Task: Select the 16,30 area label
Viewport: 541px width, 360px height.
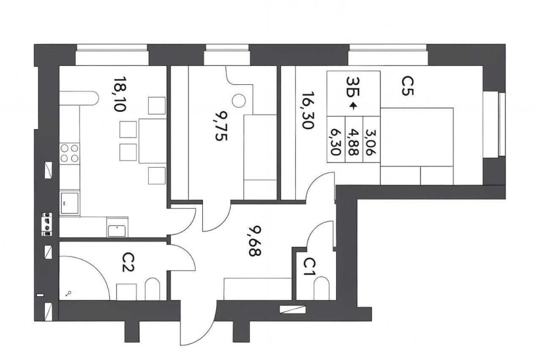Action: pyautogui.click(x=307, y=110)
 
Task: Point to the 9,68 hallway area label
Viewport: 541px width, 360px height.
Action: pyautogui.click(x=255, y=241)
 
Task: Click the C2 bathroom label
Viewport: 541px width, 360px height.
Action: pyautogui.click(x=128, y=262)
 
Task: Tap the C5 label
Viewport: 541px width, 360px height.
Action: pyautogui.click(x=407, y=85)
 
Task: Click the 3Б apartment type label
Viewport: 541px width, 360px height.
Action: pyautogui.click(x=353, y=86)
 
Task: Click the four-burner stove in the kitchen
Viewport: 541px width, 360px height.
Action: pyautogui.click(x=69, y=154)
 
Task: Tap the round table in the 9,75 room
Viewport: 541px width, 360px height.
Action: pyautogui.click(x=239, y=101)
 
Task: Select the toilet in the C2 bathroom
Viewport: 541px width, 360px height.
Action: pyautogui.click(x=152, y=289)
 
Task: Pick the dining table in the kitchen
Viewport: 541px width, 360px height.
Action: pyautogui.click(x=152, y=141)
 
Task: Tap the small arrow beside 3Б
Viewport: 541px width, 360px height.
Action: pyautogui.click(x=352, y=106)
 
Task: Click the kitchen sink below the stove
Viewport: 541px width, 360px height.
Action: pyautogui.click(x=69, y=203)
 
